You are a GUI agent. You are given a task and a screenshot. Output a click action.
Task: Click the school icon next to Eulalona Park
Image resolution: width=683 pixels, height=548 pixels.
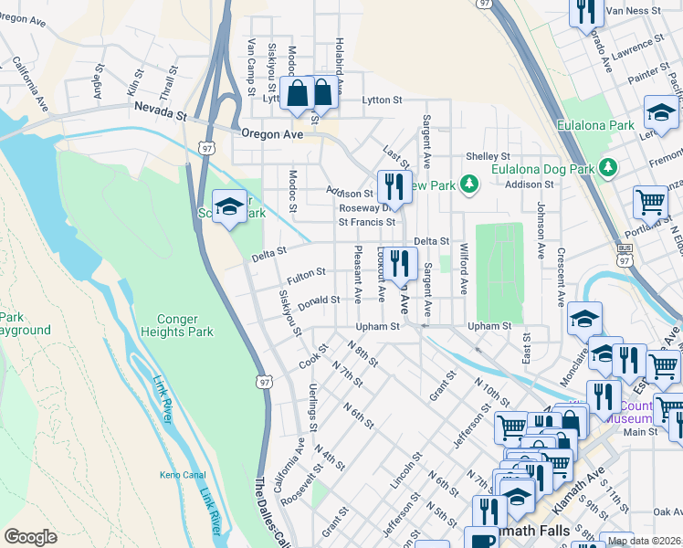[x=660, y=112]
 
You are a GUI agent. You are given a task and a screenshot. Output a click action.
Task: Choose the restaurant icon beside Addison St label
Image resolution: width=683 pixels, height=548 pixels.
[x=394, y=186]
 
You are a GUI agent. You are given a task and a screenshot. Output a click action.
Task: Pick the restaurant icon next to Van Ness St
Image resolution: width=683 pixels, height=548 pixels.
[x=585, y=10]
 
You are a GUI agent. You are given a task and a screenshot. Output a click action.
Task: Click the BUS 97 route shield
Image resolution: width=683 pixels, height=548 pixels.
[x=624, y=248]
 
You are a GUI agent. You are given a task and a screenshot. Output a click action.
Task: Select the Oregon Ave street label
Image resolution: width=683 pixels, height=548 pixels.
[x=272, y=133]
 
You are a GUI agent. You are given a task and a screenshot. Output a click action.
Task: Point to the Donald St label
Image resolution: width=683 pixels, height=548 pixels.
[x=319, y=300]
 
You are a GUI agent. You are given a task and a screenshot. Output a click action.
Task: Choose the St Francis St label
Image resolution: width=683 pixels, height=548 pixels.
[x=366, y=222]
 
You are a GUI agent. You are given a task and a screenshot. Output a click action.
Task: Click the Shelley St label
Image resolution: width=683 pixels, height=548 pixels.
[x=486, y=156]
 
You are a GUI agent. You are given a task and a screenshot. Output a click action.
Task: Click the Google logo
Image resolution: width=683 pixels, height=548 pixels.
[x=30, y=537]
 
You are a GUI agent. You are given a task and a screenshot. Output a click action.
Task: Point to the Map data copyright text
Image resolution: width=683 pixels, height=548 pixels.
[x=644, y=541]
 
